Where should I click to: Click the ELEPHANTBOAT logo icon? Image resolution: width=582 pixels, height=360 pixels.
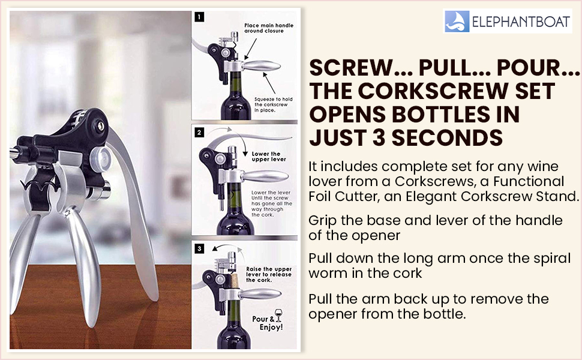(x=455, y=21)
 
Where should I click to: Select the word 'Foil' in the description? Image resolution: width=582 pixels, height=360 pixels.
(x=322, y=196)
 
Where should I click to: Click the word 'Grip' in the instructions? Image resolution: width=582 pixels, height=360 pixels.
(x=322, y=220)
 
